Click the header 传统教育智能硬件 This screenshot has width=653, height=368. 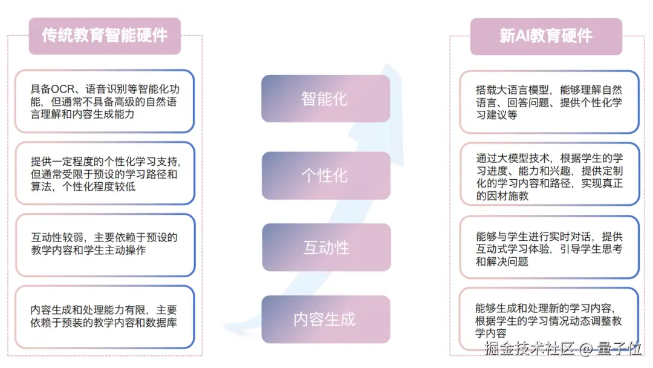[105, 36]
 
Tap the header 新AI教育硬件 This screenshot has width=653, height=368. [546, 36]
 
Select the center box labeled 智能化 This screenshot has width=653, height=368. [325, 99]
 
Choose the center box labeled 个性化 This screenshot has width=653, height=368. [325, 176]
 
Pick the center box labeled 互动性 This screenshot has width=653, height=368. [325, 248]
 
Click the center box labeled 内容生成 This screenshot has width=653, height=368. [325, 319]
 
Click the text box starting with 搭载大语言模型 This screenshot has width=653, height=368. [548, 102]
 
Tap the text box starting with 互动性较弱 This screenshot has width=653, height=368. [105, 244]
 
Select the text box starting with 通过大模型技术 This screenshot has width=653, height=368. [548, 177]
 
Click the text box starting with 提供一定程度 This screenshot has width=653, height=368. [105, 174]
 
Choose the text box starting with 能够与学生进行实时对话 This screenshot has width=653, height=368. [548, 249]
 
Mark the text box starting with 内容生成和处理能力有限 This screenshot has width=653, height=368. [105, 316]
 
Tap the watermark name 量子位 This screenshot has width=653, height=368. [619, 350]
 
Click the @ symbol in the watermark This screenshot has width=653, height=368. [585, 350]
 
